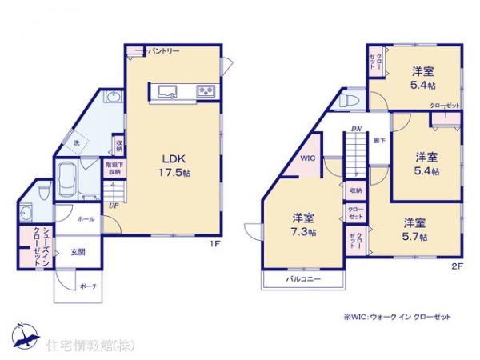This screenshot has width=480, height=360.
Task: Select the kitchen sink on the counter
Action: click(x=169, y=90)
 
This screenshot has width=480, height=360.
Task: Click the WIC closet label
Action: click(x=308, y=158)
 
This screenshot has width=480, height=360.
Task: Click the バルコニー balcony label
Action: click(x=305, y=280)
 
